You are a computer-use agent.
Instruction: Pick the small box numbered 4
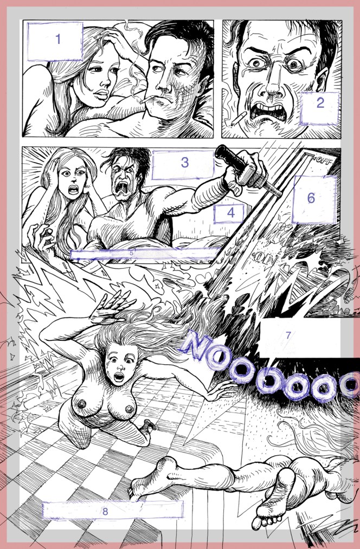(230, 214)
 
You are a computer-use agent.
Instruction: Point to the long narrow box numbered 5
(145, 253)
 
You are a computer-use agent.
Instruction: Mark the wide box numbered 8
(112, 511)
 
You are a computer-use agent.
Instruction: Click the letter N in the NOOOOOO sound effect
(198, 348)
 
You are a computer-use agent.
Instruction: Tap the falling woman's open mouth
(119, 376)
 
